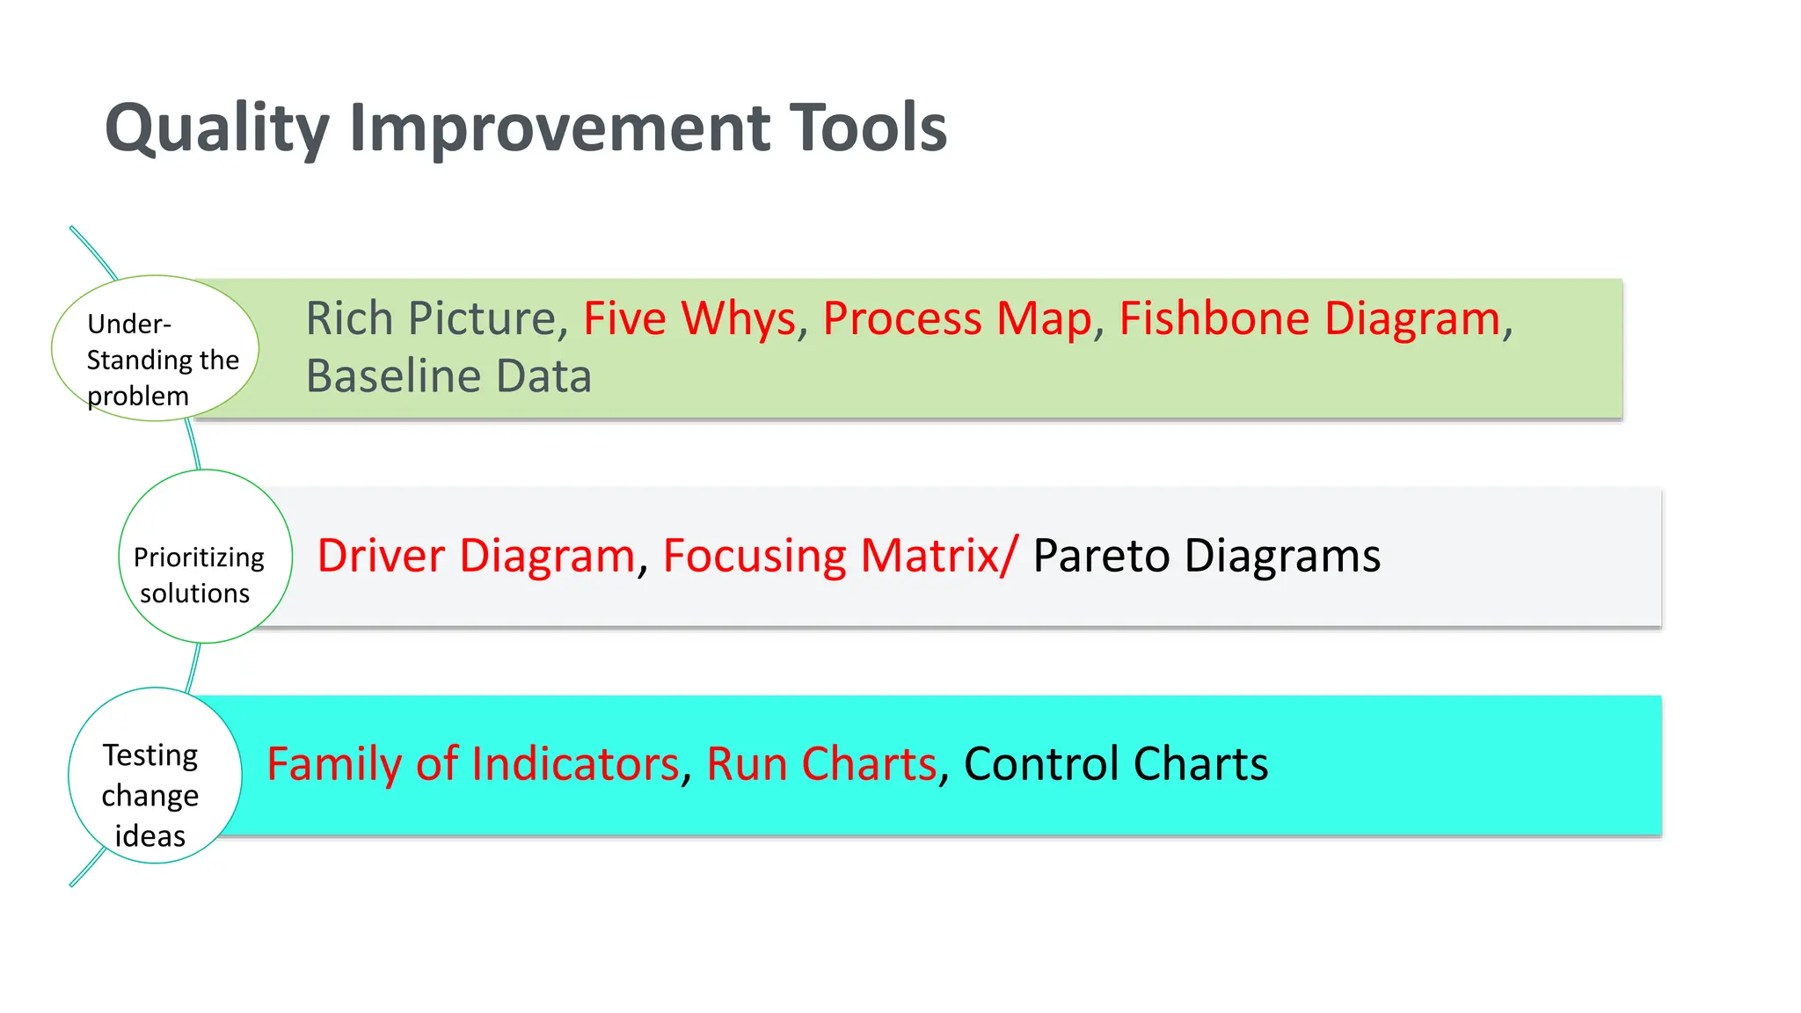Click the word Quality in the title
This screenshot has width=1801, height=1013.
[216, 129]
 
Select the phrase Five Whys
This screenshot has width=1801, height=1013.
[689, 318]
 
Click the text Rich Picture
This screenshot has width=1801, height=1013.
[430, 318]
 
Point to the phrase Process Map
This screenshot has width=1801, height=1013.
[956, 318]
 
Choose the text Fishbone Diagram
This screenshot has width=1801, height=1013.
[1309, 318]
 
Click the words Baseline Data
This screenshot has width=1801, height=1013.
[448, 376]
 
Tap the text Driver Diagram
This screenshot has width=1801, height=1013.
[476, 556]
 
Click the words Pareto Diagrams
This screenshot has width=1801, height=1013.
[1206, 556]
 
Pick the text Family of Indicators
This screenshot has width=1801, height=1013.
[472, 764]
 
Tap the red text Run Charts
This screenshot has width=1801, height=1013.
[820, 764]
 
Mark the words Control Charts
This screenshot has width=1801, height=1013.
[1115, 764]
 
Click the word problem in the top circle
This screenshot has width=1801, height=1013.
[138, 397]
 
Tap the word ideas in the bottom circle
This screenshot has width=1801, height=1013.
[149, 836]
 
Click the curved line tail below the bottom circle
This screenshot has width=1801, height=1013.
[85, 870]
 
